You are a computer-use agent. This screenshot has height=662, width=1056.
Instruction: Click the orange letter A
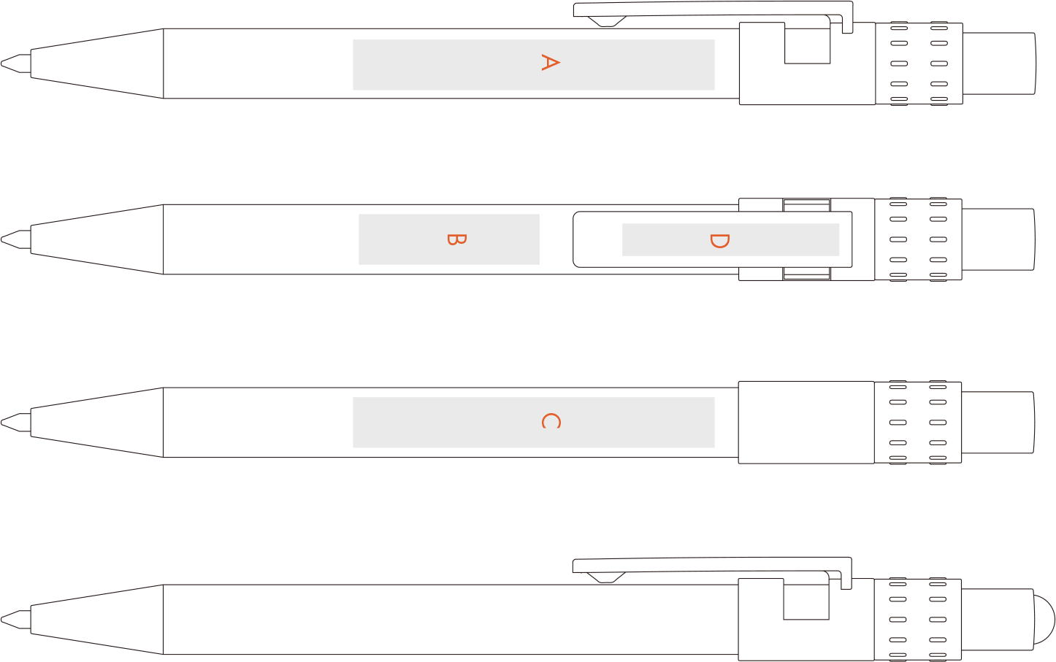point(550,63)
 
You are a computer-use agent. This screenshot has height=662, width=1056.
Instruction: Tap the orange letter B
point(456,240)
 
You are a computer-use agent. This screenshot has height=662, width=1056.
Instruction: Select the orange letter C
point(551,420)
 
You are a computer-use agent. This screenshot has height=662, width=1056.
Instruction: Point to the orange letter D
point(719,241)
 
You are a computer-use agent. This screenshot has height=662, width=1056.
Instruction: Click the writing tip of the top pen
point(2,63)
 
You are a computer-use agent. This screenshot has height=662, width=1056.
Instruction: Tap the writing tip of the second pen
point(2,239)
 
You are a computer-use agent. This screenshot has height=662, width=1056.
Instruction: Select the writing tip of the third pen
point(2,423)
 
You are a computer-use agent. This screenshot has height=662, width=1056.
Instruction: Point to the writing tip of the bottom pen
point(2,620)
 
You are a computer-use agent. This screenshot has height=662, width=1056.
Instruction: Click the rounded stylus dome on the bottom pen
point(1044,620)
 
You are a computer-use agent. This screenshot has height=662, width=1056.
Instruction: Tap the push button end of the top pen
point(999,63)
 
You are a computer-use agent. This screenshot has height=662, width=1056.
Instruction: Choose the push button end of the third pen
point(998,423)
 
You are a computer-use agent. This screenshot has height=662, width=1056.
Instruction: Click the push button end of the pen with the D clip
point(998,239)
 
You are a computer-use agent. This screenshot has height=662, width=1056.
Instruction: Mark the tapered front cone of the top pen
point(97,63)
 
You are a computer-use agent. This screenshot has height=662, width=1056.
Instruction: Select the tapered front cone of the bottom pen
point(97,620)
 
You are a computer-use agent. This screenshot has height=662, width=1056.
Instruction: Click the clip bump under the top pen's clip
point(607,22)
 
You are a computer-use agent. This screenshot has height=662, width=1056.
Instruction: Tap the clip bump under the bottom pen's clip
point(606,577)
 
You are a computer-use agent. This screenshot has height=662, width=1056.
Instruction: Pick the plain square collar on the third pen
point(806,423)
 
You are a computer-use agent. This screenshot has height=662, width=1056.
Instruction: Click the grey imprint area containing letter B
point(449,239)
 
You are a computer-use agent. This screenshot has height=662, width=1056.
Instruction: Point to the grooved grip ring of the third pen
point(918,423)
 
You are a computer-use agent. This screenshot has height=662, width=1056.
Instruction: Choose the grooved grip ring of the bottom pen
point(918,620)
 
